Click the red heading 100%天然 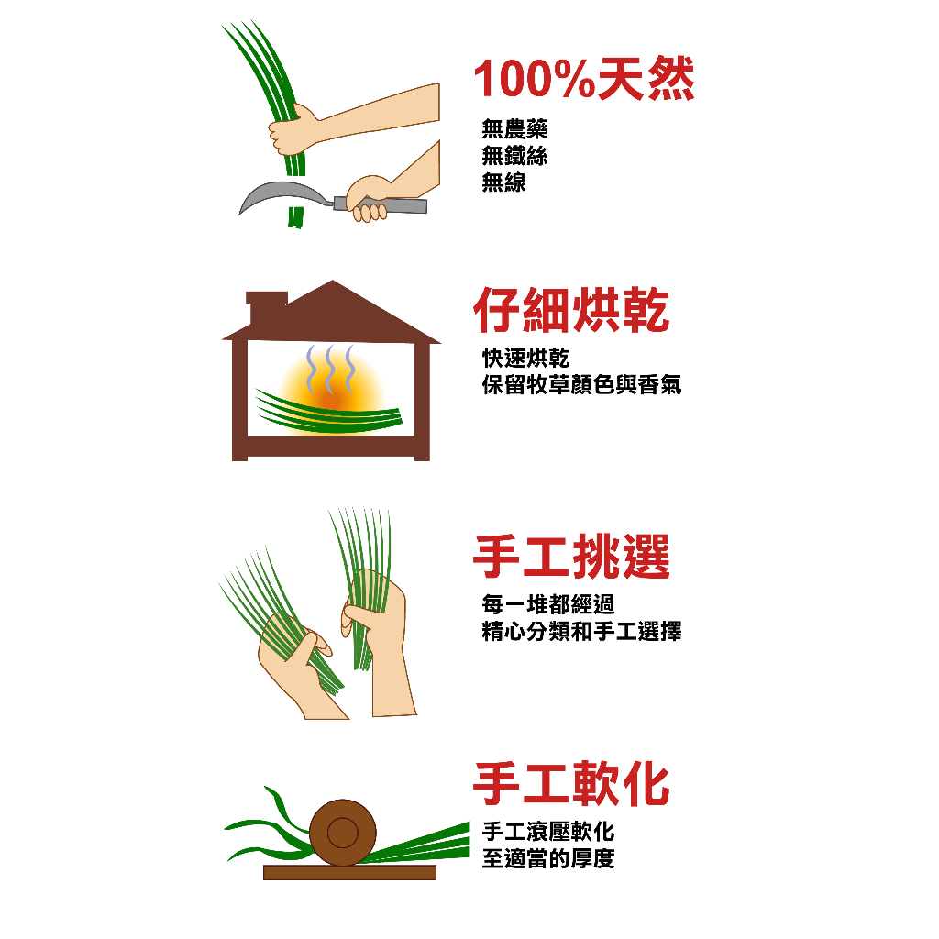[583, 80]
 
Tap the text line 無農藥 [514, 129]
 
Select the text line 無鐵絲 [514, 156]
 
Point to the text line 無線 [503, 182]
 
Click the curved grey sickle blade [280, 195]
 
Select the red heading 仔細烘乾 [571, 311]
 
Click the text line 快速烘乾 [525, 359]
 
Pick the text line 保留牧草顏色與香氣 [581, 385]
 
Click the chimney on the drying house [266, 307]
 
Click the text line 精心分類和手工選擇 [581, 632]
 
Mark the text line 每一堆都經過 [547, 604]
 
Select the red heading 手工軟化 [571, 785]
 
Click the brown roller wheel [342, 833]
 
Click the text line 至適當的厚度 [547, 859]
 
